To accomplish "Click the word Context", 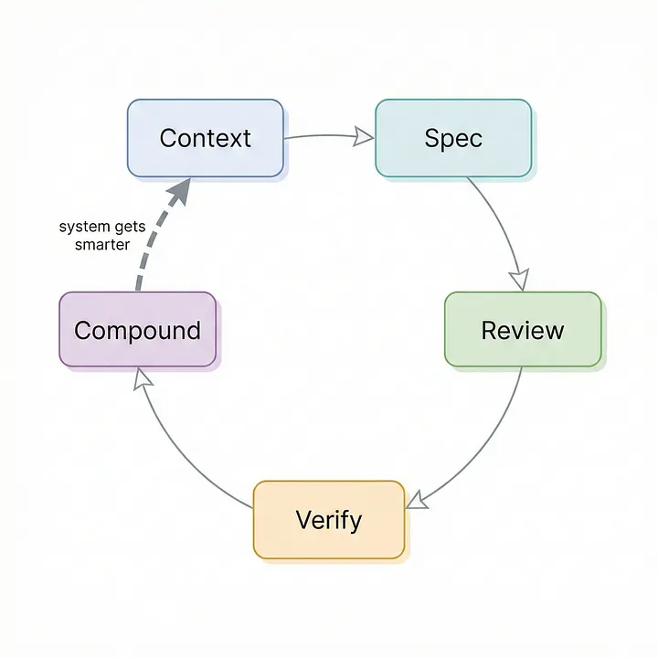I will coord(205,138).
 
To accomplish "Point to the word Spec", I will coord(453,138).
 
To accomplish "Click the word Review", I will coord(523,330).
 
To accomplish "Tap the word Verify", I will coord(329,520).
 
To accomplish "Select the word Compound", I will coord(137,330).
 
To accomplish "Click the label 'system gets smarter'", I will coord(101,235).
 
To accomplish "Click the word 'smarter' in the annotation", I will coord(101,244).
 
